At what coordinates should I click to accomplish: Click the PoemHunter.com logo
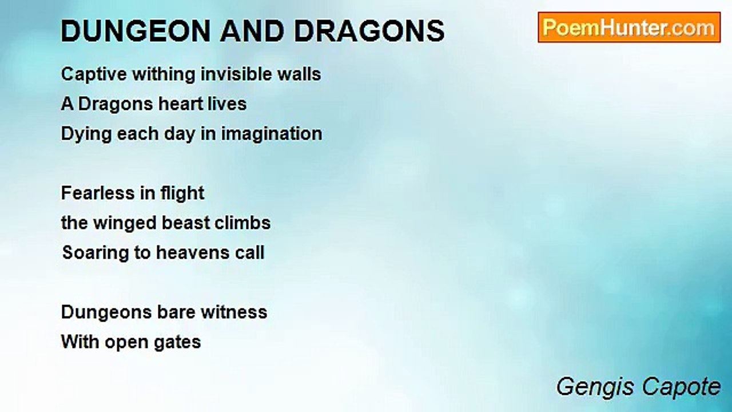point(628,27)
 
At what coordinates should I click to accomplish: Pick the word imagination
point(272,134)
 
